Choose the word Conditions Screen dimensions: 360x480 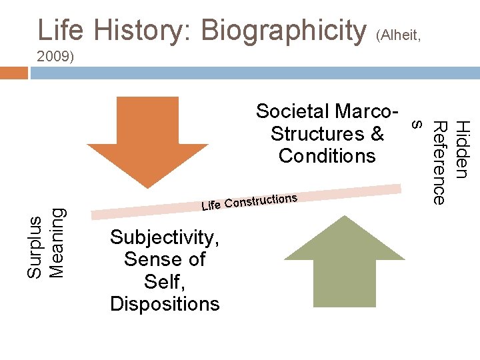[x=327, y=156]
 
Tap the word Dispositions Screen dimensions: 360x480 [x=165, y=304]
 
